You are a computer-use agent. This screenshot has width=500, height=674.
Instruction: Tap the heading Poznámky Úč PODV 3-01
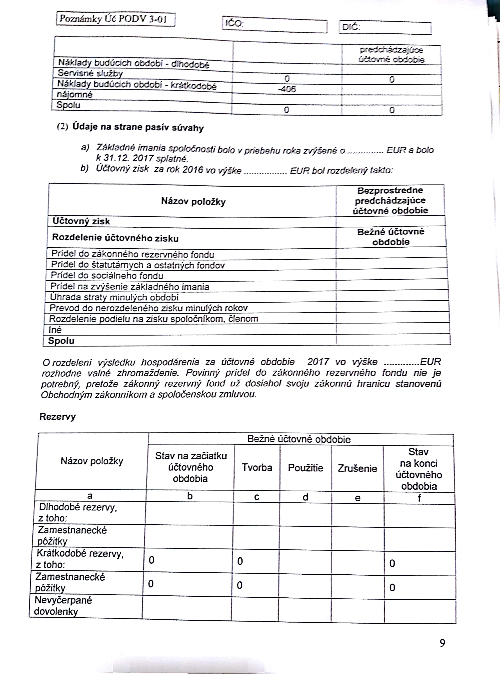coord(113,19)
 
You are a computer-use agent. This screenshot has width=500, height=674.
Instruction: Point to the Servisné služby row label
coord(90,73)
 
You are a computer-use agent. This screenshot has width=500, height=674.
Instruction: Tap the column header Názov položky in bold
coord(193,201)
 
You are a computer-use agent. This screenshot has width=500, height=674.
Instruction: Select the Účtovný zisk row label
coord(81,221)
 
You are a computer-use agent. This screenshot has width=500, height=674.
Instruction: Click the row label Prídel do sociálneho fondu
coord(107,276)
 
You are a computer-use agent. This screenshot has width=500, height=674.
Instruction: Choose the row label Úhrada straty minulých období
coord(114,297)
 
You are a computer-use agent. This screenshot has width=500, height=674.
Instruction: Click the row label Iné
coord(55,330)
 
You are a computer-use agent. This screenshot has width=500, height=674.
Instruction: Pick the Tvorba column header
coord(257,467)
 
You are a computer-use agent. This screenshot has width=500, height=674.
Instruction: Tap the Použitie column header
coord(305,468)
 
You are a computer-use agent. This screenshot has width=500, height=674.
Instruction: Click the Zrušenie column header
coord(357,469)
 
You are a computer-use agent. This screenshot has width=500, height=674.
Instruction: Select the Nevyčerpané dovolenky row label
coord(63,606)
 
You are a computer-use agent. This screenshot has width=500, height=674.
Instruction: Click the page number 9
coord(442,643)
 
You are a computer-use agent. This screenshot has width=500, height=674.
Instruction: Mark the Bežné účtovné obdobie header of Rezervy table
coord(299,439)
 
